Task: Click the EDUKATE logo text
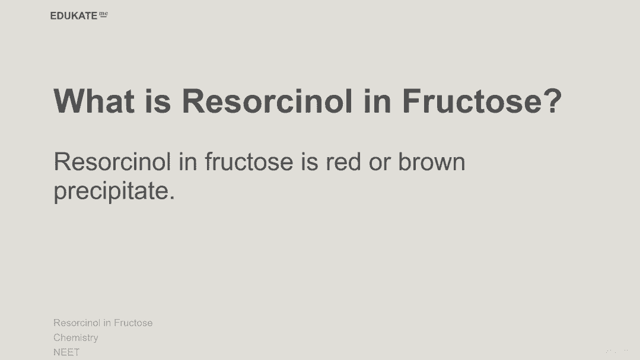point(74,16)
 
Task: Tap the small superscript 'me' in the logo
point(104,14)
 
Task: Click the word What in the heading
point(94,101)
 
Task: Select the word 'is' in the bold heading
point(158,101)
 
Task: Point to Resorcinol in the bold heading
point(267,101)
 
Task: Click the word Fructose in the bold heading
point(472,101)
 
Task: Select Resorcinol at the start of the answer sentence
point(112,162)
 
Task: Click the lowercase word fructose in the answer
point(249,162)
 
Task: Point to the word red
point(343,162)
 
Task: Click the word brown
point(431,162)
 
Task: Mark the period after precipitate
point(172,197)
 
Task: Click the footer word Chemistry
point(76,338)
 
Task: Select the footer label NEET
point(66,352)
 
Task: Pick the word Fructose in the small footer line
point(133,323)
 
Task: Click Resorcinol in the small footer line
point(77,323)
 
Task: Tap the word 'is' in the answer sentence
point(310,162)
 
